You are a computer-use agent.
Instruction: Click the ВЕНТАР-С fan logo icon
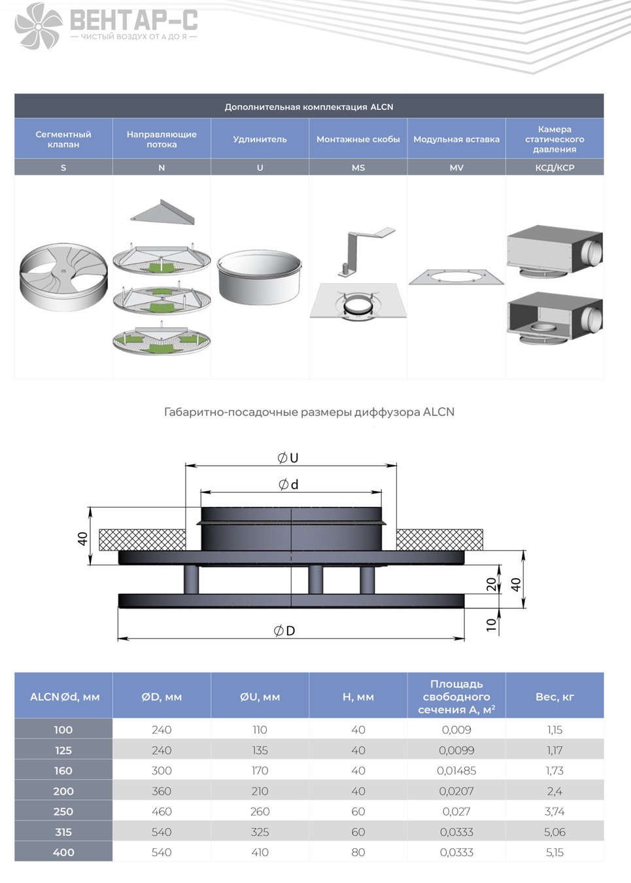click(x=39, y=26)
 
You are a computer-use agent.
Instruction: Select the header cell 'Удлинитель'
click(x=260, y=139)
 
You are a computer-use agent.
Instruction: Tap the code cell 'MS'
click(x=358, y=167)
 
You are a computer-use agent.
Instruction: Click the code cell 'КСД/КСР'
click(x=554, y=167)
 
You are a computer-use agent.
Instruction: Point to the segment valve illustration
click(x=63, y=277)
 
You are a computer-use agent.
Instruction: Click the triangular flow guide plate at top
click(x=163, y=212)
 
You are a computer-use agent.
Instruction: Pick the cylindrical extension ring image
click(x=260, y=277)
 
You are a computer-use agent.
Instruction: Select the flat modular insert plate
click(x=456, y=277)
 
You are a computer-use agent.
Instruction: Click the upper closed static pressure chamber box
click(x=554, y=252)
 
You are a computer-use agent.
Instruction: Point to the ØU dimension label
click(x=288, y=458)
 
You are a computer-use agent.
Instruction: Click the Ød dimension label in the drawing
click(x=288, y=484)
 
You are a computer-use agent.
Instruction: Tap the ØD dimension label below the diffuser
click(x=284, y=631)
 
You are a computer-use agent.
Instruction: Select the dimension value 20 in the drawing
click(x=491, y=584)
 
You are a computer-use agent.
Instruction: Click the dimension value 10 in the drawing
click(x=491, y=625)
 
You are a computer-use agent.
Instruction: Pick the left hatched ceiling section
click(x=143, y=540)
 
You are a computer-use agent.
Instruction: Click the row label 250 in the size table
click(x=63, y=811)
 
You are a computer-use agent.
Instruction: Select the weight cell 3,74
click(x=554, y=811)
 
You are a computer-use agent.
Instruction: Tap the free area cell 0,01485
click(x=456, y=770)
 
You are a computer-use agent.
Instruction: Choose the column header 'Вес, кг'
click(x=554, y=697)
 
